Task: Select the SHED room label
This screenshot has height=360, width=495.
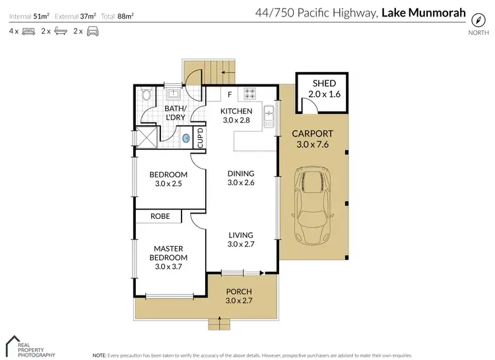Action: [x=324, y=83]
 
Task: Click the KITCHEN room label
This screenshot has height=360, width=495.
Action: [x=236, y=111]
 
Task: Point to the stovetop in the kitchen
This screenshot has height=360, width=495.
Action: [x=251, y=94]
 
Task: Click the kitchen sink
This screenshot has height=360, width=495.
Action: [x=269, y=117]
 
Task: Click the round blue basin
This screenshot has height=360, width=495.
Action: [x=187, y=138]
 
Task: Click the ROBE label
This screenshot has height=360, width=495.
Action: [x=160, y=216]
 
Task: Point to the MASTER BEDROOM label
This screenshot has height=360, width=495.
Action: [x=168, y=253]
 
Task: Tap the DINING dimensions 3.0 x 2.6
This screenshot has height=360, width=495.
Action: [x=241, y=183]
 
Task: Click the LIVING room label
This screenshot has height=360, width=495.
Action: [x=241, y=235]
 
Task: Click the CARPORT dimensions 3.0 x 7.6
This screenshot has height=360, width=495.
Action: [x=313, y=144]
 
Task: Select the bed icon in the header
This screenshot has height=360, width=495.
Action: [x=28, y=31]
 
